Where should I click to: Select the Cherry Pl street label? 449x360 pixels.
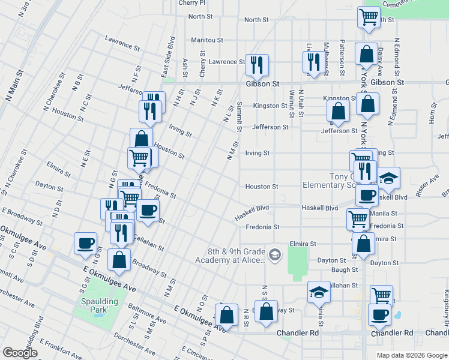pos(192,3)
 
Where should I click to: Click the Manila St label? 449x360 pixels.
pos(384,213)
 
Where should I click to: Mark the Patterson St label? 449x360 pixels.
pos(342,53)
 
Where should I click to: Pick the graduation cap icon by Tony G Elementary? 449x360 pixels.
pos(388,178)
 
